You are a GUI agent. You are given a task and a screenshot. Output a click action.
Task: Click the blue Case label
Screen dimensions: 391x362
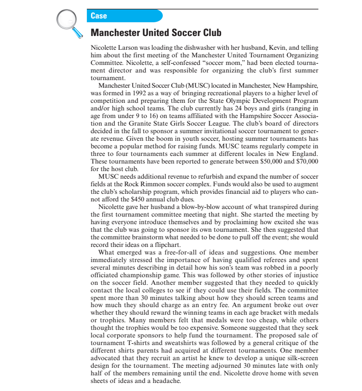pyautogui.click(x=99, y=16)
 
